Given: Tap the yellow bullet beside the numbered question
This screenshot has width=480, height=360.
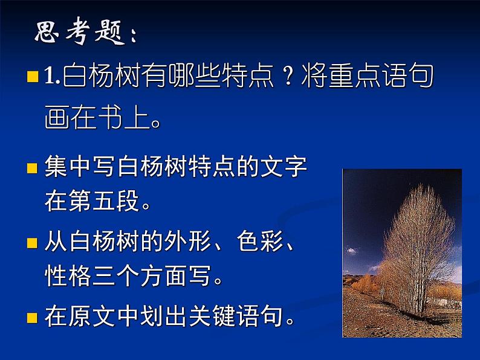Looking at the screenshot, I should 33,77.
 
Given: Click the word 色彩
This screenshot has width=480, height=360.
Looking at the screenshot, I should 259,243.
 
